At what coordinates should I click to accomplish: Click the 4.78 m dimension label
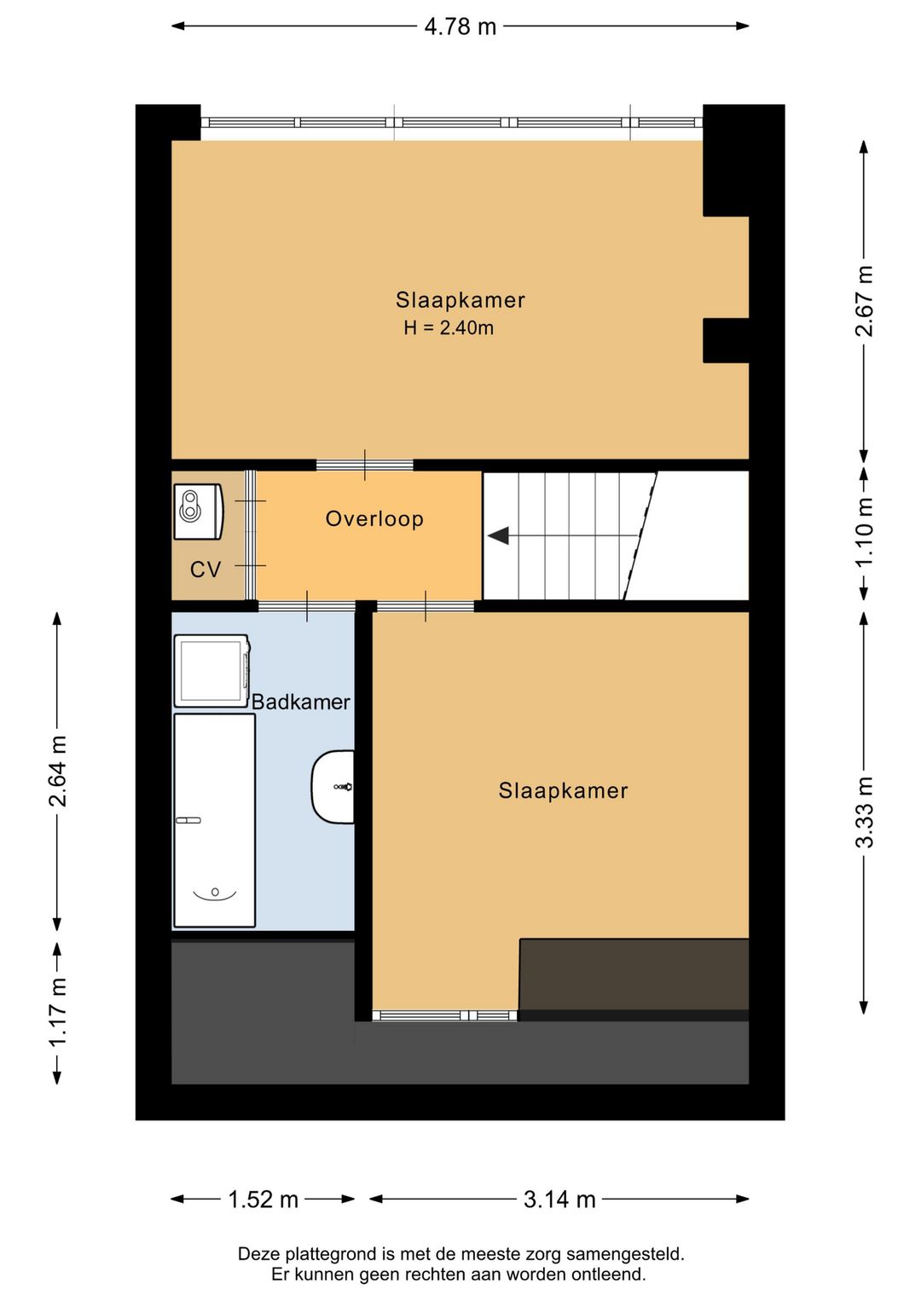pyautogui.click(x=460, y=26)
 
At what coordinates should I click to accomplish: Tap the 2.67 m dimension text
pyautogui.click(x=865, y=300)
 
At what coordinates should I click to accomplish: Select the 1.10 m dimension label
pyautogui.click(x=865, y=533)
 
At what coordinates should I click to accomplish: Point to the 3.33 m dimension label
pyautogui.click(x=865, y=812)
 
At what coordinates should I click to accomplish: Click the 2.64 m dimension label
pyautogui.click(x=57, y=771)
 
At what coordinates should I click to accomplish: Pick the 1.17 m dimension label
pyautogui.click(x=57, y=1012)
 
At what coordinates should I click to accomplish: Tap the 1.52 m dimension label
pyautogui.click(x=263, y=1200)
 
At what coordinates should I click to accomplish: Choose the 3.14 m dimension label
pyautogui.click(x=559, y=1200)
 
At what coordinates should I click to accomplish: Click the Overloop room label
pyautogui.click(x=374, y=518)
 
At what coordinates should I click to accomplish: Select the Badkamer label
pyautogui.click(x=300, y=702)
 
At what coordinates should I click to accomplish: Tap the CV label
pyautogui.click(x=206, y=570)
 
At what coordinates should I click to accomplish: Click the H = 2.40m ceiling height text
pyautogui.click(x=449, y=327)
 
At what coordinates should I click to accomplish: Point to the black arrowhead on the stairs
pyautogui.click(x=498, y=535)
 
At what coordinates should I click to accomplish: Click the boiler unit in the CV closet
pyautogui.click(x=198, y=512)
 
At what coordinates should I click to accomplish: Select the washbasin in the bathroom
pyautogui.click(x=333, y=787)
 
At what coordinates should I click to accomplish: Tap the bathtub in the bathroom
pyautogui.click(x=214, y=820)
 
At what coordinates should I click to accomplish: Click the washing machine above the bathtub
pyautogui.click(x=211, y=671)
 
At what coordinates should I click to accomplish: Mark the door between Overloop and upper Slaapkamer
pyautogui.click(x=365, y=465)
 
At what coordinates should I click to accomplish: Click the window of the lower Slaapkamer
pyautogui.click(x=445, y=1015)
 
